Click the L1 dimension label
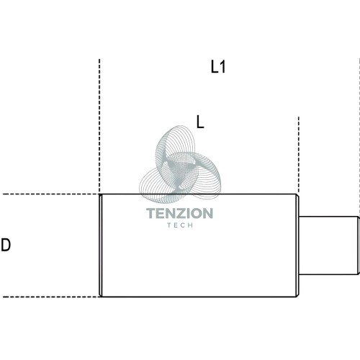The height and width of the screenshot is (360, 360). pos(218,67)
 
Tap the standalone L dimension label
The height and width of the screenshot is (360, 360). pos(200,122)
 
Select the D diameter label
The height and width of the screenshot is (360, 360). pos(6,245)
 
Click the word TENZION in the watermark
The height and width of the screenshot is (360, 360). pos(179,213)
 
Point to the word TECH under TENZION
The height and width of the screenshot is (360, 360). pos(180,225)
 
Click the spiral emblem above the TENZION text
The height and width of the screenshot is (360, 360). pos(180,164)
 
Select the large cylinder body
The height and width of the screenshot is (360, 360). pos(199,246)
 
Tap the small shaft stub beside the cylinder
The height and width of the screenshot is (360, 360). pos(329,246)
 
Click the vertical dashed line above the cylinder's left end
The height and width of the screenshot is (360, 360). pos(99,126)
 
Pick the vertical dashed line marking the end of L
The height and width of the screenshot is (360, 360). pos(299,155)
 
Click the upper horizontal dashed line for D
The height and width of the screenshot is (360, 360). pos(51,194)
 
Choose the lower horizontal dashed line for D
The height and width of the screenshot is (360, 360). pos(51,297)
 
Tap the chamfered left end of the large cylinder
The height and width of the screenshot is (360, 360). pos(101,246)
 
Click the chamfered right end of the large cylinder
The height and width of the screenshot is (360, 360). pos(297,246)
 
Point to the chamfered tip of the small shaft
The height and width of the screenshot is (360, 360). pos(359,246)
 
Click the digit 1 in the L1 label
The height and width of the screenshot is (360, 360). pos(223,67)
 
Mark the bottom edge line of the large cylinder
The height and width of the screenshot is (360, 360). pos(199,297)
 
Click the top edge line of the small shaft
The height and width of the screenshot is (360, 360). pos(328,217)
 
